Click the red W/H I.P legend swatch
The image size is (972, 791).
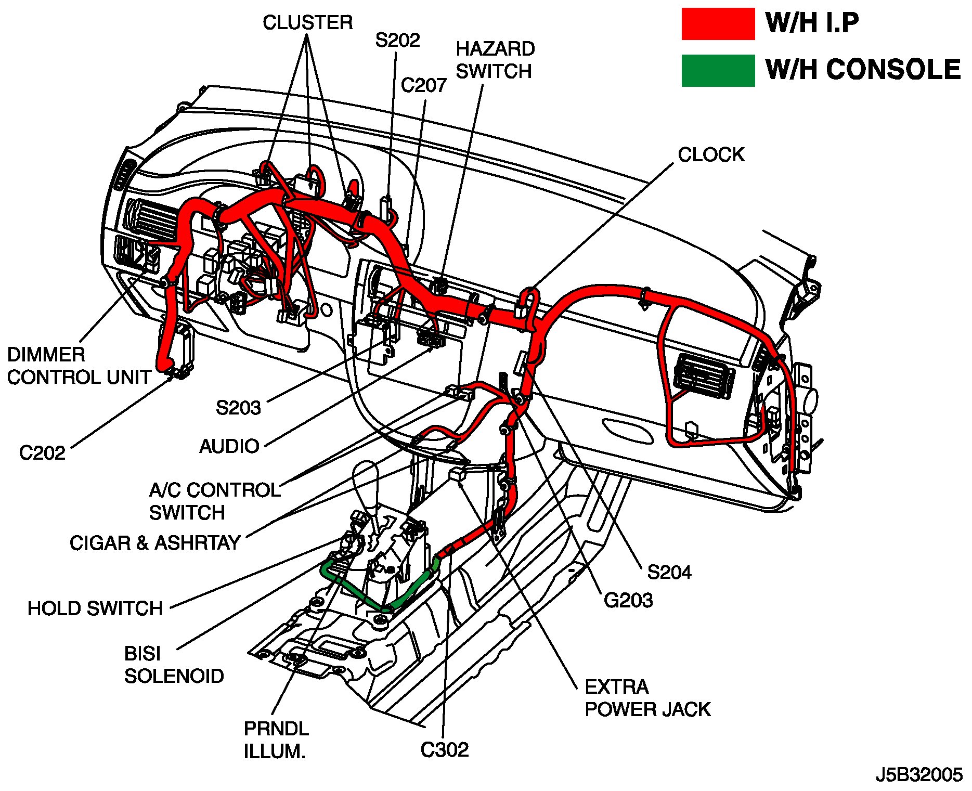click(718, 24)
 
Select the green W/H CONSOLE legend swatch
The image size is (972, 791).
click(718, 70)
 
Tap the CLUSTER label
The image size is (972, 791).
click(307, 23)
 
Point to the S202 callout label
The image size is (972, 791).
click(397, 40)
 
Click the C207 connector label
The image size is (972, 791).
click(423, 85)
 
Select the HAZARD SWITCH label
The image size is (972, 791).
click(495, 60)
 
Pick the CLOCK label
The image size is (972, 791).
click(711, 154)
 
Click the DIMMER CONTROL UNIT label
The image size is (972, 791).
click(79, 366)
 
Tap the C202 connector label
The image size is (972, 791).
click(42, 453)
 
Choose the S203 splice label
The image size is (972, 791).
click(238, 408)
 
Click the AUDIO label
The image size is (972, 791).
click(229, 446)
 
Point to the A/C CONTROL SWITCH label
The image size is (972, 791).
click(214, 501)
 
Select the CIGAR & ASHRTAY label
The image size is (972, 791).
click(154, 543)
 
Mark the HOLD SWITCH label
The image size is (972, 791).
click(95, 608)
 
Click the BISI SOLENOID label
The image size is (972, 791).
click(174, 665)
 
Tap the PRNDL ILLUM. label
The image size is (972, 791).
click(276, 740)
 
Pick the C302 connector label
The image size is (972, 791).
click(444, 750)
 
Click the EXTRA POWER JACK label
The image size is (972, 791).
click(647, 698)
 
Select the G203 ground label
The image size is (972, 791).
click(628, 601)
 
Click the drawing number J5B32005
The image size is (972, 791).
click(919, 775)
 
